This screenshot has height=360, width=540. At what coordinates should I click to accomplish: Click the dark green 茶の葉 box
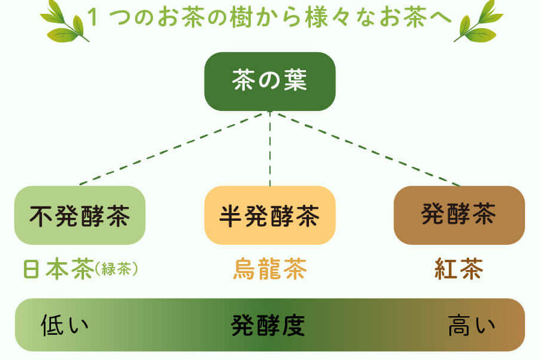[x=269, y=82]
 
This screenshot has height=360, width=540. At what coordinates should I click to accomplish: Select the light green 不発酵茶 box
[x=80, y=215]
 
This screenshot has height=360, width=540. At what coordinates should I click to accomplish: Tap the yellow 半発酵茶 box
[x=269, y=215]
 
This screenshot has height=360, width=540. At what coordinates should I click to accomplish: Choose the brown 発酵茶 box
[x=459, y=214]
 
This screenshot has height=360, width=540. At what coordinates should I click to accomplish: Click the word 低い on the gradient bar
[x=65, y=326]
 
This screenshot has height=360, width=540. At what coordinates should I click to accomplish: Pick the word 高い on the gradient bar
[x=472, y=326]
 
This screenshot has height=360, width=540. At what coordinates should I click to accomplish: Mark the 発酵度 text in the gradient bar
[x=269, y=326]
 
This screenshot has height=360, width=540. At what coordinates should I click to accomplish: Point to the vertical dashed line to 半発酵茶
[x=270, y=150]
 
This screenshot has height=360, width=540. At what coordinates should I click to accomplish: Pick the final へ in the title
[x=439, y=17]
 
